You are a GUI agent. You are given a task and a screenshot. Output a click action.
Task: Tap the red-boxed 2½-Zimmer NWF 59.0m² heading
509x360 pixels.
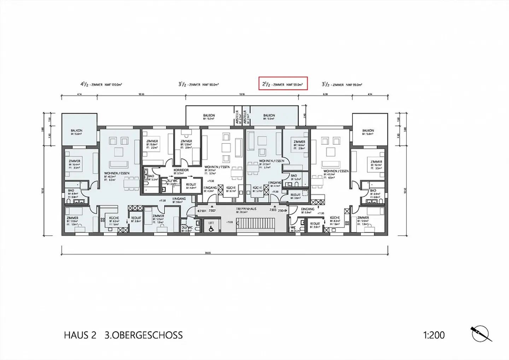(x=283, y=84)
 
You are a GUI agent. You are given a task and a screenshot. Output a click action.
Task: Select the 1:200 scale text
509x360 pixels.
(x=434, y=335)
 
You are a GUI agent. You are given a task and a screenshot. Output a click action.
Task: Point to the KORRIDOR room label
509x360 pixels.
(x=181, y=170)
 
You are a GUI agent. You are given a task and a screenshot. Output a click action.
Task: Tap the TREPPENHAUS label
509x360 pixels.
(x=246, y=209)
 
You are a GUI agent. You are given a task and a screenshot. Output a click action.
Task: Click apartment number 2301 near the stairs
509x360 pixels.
(x=202, y=211)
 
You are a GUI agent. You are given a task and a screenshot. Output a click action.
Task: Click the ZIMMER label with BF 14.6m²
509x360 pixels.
(x=299, y=142)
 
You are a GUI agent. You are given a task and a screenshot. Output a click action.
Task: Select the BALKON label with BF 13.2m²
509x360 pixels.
(x=209, y=116)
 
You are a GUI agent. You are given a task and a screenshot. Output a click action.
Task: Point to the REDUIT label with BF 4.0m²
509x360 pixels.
(x=191, y=184)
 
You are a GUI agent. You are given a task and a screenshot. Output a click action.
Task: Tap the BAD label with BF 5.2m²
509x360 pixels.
(x=294, y=176)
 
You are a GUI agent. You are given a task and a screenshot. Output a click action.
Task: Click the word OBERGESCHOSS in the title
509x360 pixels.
(x=144, y=335)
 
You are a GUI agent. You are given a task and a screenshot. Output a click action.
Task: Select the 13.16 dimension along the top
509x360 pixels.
(x=242, y=94)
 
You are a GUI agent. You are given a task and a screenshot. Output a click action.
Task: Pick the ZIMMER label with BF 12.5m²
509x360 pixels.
(x=158, y=216)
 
